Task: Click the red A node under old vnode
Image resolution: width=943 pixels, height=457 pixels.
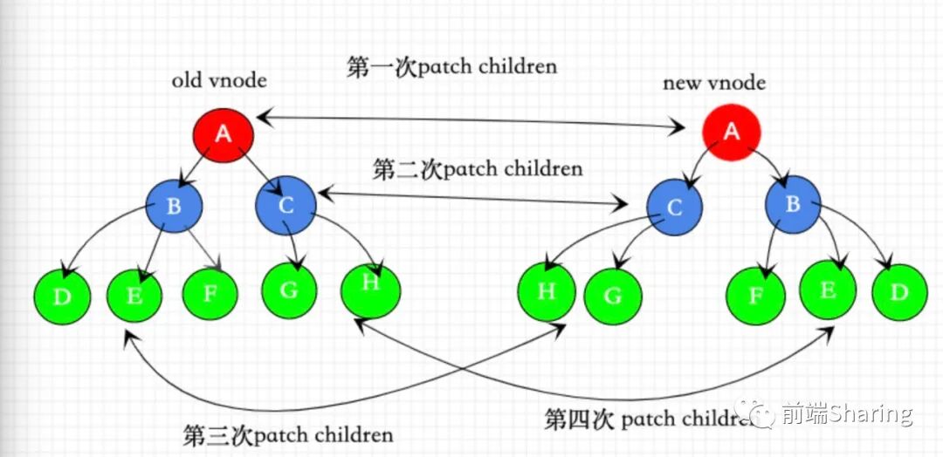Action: (224, 134)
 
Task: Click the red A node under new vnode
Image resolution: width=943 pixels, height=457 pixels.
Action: (732, 133)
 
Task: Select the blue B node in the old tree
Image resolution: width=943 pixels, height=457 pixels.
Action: (174, 205)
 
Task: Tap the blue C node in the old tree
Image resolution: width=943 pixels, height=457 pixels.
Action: (285, 206)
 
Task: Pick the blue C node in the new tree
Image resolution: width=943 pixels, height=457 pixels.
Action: (675, 209)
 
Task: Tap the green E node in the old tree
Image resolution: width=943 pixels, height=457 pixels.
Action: (134, 295)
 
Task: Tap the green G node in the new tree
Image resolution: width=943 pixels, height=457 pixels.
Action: (613, 296)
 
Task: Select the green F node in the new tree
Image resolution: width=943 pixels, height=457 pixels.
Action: (755, 296)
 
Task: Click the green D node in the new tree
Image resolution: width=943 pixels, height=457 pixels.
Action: (899, 292)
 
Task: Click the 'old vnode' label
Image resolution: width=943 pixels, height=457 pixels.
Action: (218, 81)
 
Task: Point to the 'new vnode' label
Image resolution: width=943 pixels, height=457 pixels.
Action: (714, 83)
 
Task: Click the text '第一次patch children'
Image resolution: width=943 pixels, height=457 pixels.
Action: (451, 67)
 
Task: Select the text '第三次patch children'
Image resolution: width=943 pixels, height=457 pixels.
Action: (288, 433)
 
